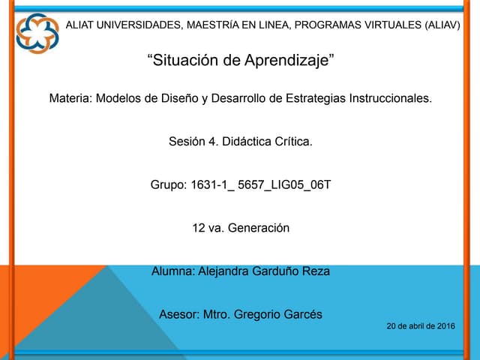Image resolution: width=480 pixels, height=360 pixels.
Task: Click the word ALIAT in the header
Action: (x=82, y=25)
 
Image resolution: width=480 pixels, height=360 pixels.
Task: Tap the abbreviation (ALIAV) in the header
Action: (x=442, y=25)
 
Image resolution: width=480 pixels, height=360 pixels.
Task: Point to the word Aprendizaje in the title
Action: (x=288, y=61)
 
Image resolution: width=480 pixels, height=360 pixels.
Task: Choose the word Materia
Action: (x=70, y=98)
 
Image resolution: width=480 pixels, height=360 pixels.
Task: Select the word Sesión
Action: (x=187, y=141)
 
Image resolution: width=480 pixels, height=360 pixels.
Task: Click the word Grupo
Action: (x=168, y=184)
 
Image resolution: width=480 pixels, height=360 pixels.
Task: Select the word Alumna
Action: (x=173, y=271)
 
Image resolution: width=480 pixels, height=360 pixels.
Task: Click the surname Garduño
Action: (x=272, y=271)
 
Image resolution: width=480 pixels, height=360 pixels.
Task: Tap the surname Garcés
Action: (x=300, y=314)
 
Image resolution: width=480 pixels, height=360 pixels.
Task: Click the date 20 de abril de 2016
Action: (x=421, y=326)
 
